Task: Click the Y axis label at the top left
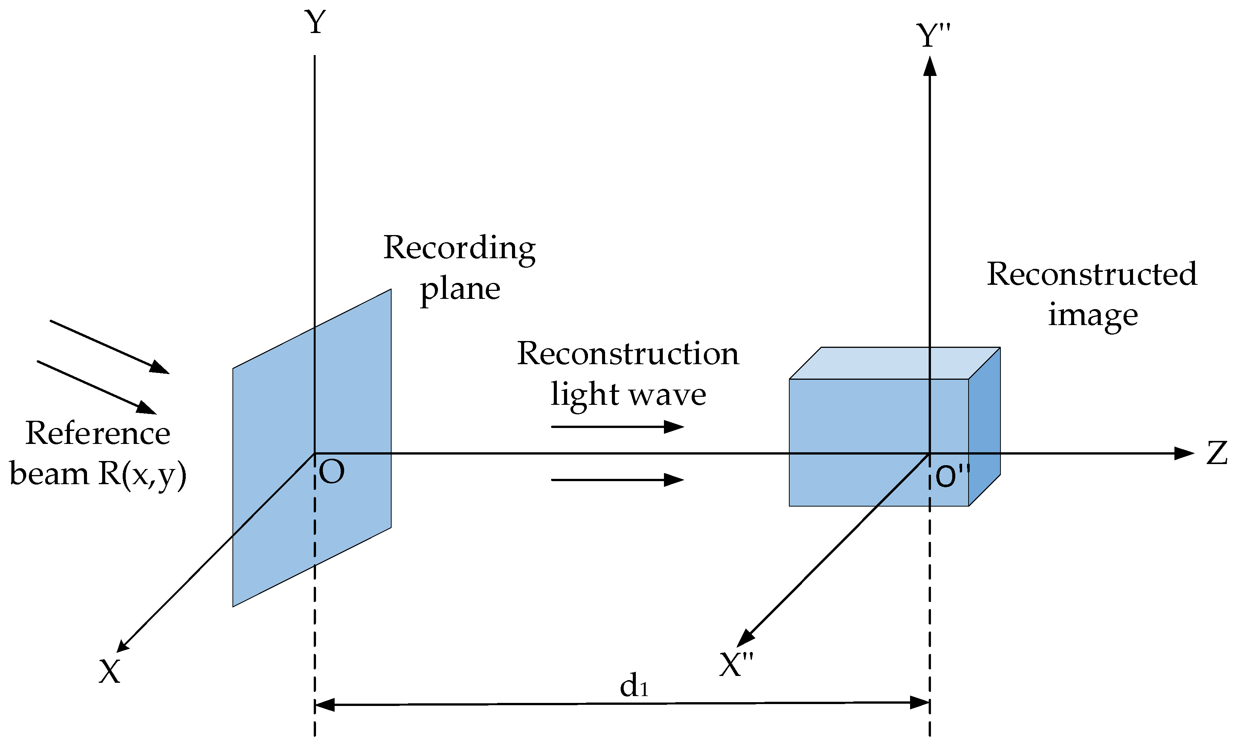click(315, 23)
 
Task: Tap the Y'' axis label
click(933, 36)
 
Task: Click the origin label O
click(332, 472)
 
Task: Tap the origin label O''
click(952, 476)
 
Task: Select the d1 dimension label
click(634, 686)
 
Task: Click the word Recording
click(459, 248)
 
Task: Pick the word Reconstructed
click(1092, 275)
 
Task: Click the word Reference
click(98, 433)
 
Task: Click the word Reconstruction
click(628, 354)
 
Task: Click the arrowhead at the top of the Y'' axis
click(930, 66)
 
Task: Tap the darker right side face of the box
click(984, 427)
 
